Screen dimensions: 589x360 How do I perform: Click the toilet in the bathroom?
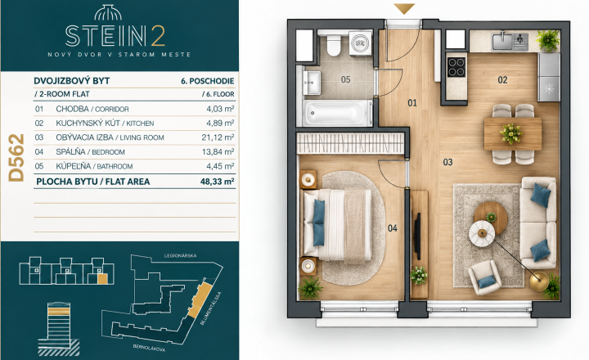tap(334, 43)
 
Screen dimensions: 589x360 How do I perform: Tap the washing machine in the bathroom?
tap(361, 43)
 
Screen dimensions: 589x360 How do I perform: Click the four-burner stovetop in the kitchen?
tap(456, 67)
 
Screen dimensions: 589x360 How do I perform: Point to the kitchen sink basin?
tap(502, 41)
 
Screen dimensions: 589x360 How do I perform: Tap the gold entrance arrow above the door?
tap(404, 8)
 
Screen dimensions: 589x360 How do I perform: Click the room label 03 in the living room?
tap(447, 162)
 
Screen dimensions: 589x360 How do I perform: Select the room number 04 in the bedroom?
tap(393, 228)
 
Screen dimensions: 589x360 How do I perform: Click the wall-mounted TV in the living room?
tap(417, 233)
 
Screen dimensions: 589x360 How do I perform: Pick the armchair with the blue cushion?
tap(484, 277)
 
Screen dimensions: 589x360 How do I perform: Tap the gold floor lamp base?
tap(539, 281)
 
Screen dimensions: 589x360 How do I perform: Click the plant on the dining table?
tap(510, 134)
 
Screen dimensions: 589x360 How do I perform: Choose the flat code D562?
tap(16, 158)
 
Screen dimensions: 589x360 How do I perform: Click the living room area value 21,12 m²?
tap(218, 137)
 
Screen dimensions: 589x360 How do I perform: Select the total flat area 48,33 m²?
tap(218, 182)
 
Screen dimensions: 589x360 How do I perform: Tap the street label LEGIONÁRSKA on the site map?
tap(180, 255)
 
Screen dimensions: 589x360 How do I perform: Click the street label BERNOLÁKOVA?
tap(149, 348)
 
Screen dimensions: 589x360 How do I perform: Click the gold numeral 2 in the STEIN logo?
tap(159, 36)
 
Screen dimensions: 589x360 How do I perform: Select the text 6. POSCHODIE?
tap(207, 81)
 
